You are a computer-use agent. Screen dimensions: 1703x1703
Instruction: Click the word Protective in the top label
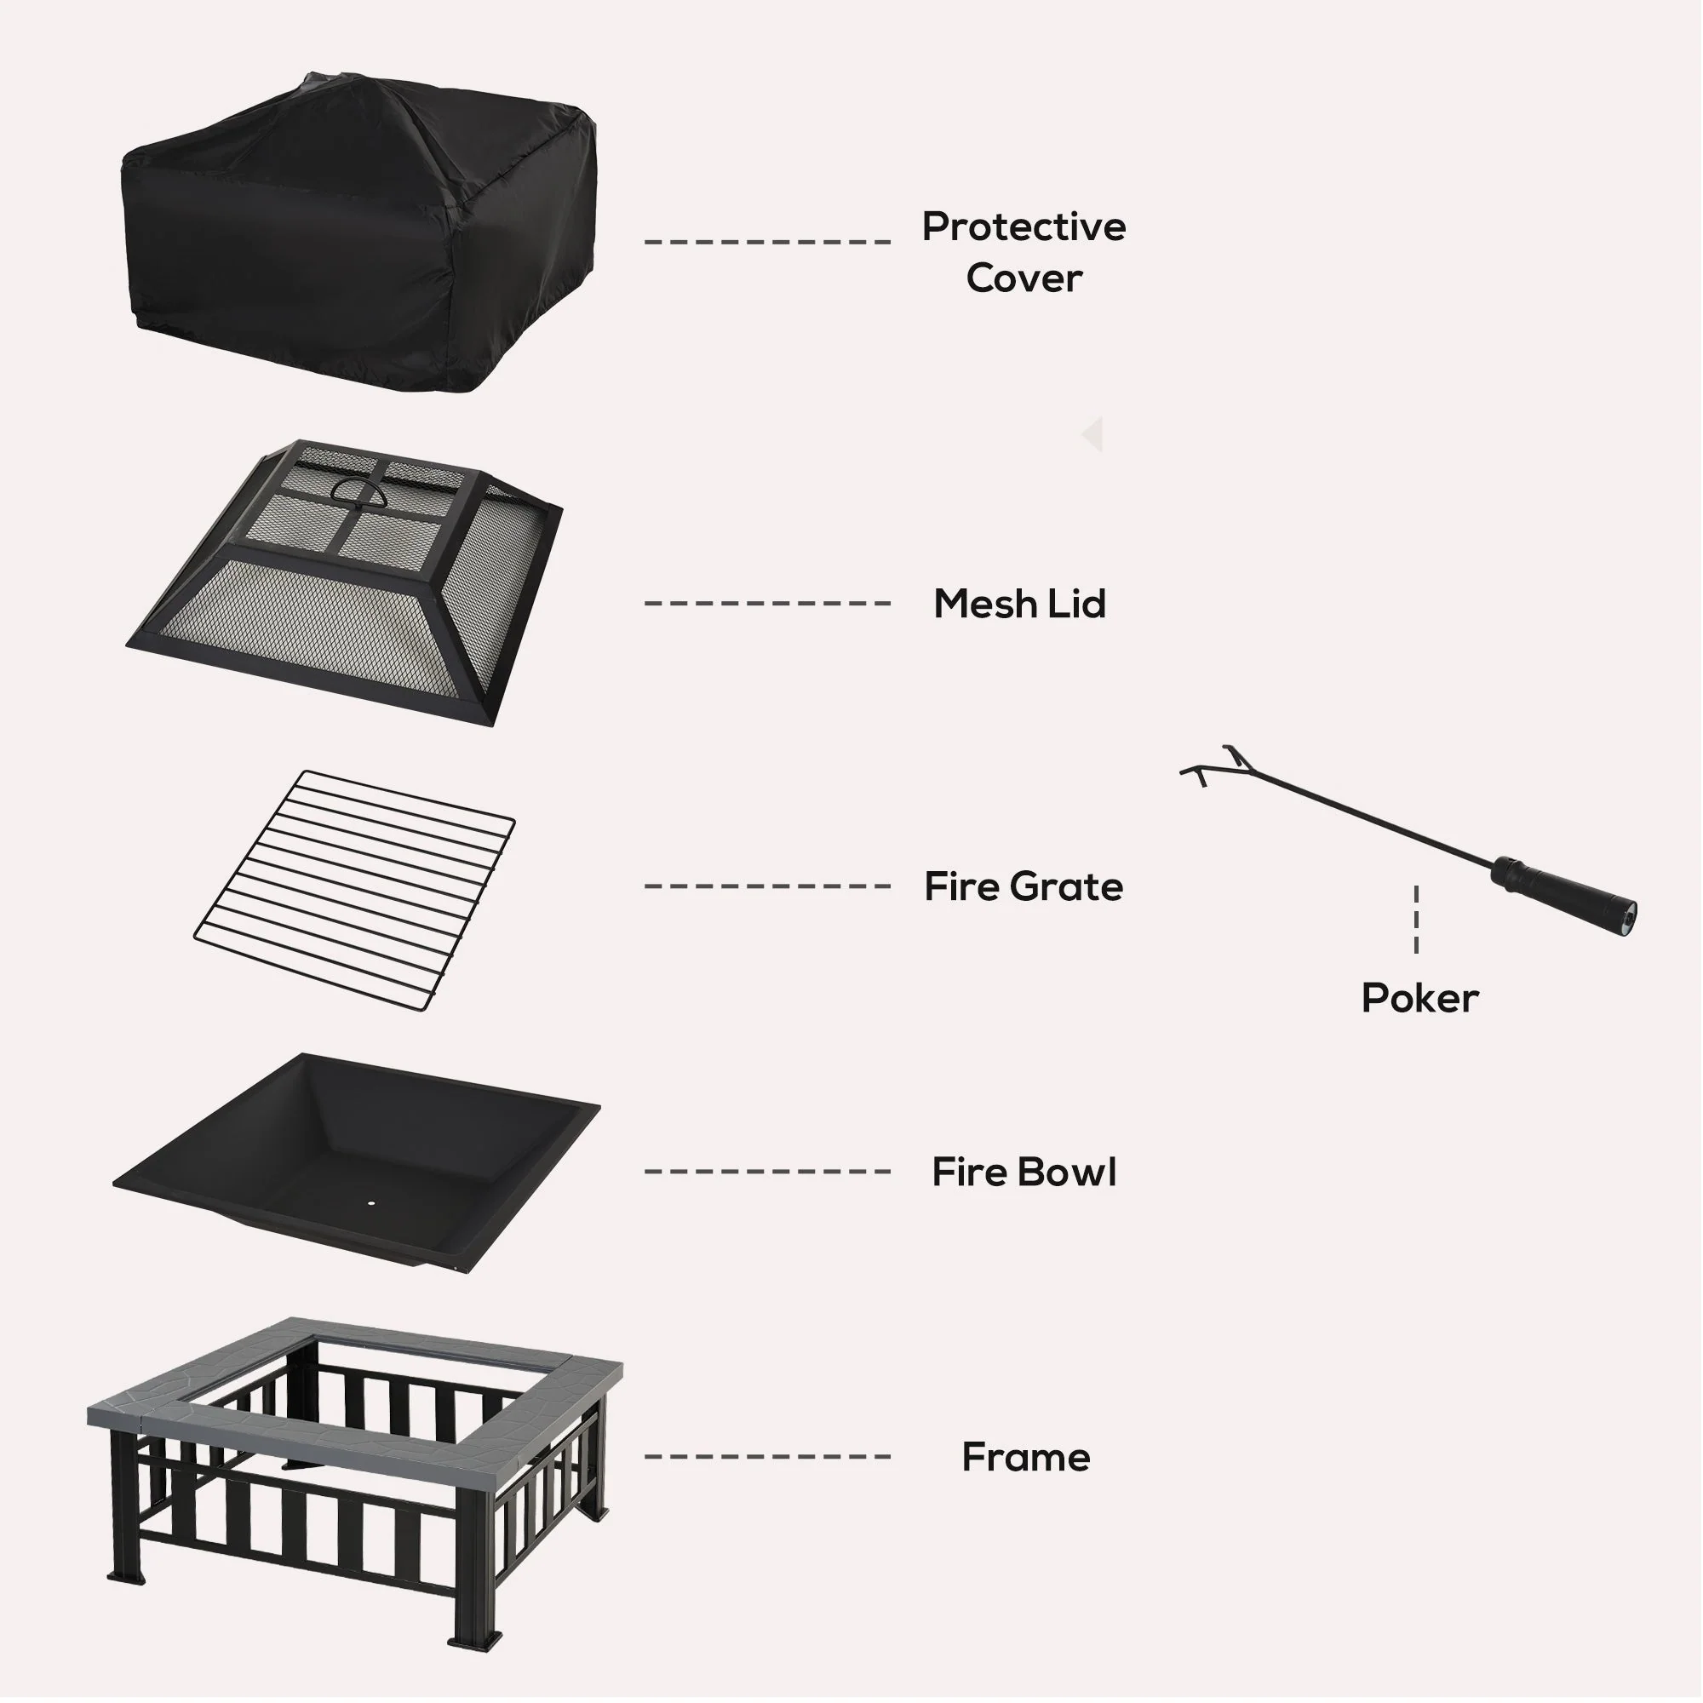(1024, 227)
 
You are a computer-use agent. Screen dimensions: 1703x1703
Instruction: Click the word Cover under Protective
(1024, 278)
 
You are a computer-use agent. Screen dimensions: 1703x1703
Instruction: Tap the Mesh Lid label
(1019, 605)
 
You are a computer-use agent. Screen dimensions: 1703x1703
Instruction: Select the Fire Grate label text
(1024, 886)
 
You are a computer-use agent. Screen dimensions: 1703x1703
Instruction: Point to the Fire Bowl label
(1024, 1173)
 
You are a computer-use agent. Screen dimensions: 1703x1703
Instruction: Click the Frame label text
(1025, 1458)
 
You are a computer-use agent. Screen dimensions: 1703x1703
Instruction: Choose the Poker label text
(1419, 999)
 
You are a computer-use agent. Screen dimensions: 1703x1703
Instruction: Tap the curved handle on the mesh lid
(358, 492)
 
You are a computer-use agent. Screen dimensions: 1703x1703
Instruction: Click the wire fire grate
(353, 891)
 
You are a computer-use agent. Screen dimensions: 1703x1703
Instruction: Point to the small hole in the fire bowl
(370, 1202)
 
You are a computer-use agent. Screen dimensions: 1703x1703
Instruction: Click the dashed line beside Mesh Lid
(767, 604)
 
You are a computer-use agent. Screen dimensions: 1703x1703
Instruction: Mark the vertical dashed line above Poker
(1416, 920)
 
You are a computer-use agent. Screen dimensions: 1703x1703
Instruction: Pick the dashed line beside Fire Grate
(767, 886)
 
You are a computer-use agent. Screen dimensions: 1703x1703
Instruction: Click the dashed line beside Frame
(767, 1457)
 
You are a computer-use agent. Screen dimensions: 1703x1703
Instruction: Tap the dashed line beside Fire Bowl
(767, 1172)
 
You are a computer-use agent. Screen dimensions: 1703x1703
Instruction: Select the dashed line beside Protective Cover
(767, 241)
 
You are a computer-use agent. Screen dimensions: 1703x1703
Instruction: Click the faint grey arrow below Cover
(1093, 434)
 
